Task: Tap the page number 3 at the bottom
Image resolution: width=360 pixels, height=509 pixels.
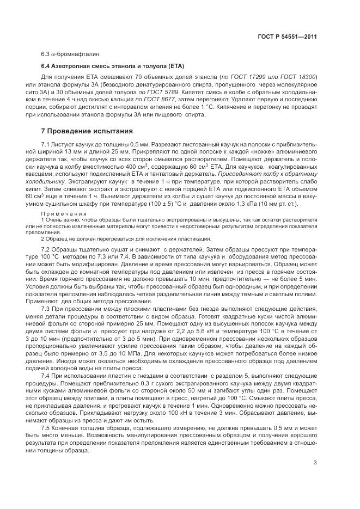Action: tap(315, 463)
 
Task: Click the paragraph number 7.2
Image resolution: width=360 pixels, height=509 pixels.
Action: tap(47, 248)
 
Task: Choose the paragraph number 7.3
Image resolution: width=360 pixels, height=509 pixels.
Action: tap(47, 307)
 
